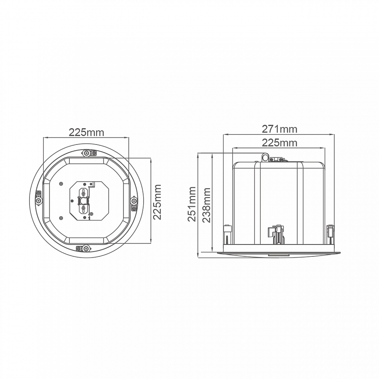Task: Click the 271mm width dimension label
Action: [x=280, y=129]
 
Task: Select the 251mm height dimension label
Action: [x=192, y=204]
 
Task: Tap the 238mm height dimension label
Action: [x=206, y=205]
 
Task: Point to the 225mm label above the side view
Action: [x=280, y=143]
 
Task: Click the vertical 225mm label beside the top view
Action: [x=157, y=202]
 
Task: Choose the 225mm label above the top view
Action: [x=86, y=132]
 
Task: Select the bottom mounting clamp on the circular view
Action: [x=83, y=248]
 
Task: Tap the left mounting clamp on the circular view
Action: [x=39, y=198]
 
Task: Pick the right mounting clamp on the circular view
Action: [x=134, y=204]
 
